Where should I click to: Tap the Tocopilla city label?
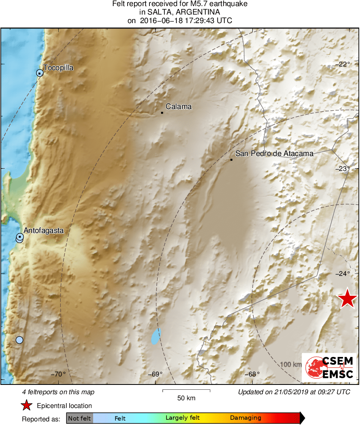tap(58, 68)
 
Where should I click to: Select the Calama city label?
tap(179, 107)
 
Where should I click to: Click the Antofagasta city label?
tap(44, 231)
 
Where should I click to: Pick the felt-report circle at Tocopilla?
tap(39, 73)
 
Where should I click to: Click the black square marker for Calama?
tap(162, 113)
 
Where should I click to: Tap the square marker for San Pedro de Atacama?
tap(231, 160)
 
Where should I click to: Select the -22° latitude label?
tap(344, 64)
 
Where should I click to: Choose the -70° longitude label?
tap(59, 374)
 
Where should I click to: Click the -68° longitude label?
tap(253, 374)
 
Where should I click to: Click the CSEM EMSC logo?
tap(329, 367)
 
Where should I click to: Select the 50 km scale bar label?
tap(186, 398)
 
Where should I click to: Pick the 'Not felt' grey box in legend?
tap(80, 418)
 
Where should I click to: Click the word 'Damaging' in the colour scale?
tap(245, 418)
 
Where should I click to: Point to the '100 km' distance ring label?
tap(290, 365)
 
